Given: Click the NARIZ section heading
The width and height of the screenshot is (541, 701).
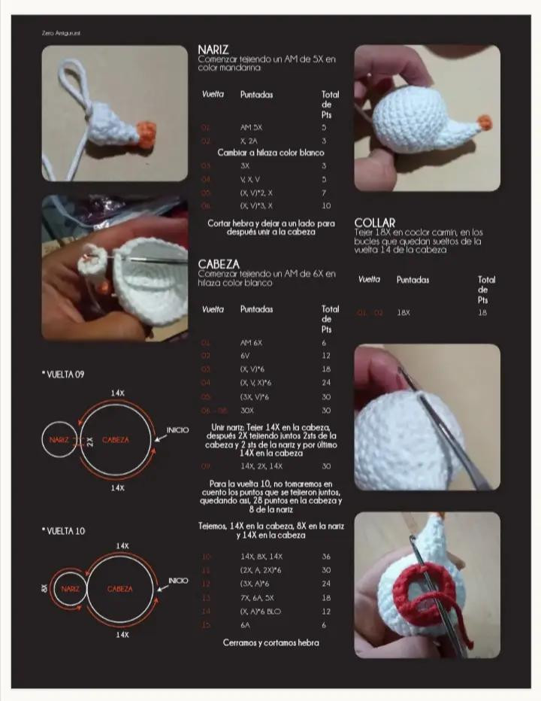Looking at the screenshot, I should click(213, 50).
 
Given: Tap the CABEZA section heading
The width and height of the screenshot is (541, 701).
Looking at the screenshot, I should click(219, 264).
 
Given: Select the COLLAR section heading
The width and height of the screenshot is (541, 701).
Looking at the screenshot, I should click(375, 223).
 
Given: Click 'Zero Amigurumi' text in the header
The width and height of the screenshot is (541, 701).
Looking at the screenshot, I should click(61, 33).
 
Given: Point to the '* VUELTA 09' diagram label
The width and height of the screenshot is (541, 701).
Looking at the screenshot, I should click(63, 375).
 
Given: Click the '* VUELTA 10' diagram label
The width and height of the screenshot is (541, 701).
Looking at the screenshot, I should click(63, 531).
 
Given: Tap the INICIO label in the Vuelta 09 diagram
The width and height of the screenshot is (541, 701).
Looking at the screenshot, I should click(178, 430).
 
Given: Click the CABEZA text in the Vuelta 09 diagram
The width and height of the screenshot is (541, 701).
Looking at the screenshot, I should click(116, 440).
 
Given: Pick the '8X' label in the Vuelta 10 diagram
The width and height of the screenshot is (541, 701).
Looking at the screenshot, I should click(44, 589).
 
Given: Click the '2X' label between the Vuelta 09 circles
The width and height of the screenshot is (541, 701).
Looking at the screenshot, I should click(89, 441).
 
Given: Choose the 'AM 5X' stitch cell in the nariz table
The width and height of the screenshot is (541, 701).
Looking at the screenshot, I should click(251, 128).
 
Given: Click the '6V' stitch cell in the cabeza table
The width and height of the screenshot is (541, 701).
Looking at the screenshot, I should click(245, 356).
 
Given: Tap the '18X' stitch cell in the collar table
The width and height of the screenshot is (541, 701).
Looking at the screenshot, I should click(403, 312).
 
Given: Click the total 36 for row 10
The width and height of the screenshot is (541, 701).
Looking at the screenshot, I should click(326, 557).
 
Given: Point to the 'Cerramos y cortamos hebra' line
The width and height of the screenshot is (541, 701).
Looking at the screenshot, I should click(270, 643).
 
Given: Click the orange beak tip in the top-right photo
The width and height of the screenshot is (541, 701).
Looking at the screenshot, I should click(484, 120).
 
